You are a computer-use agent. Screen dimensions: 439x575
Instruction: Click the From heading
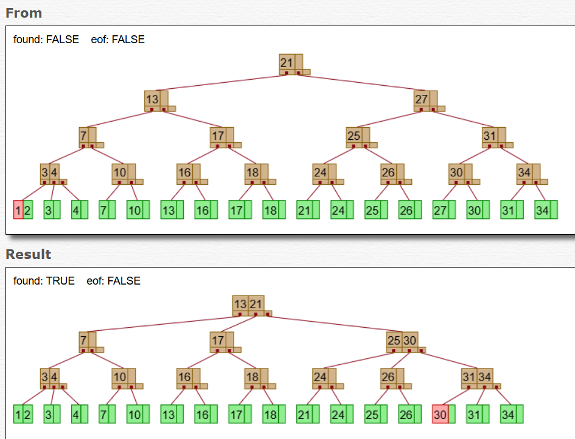pyautogui.click(x=24, y=13)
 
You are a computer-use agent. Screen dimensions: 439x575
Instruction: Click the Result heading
pyautogui.click(x=29, y=254)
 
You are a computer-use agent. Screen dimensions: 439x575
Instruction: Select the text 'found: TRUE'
pyautogui.click(x=44, y=281)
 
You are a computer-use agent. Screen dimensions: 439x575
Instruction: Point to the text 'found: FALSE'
pyautogui.click(x=46, y=40)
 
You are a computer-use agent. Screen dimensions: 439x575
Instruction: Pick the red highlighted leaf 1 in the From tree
pyautogui.click(x=18, y=210)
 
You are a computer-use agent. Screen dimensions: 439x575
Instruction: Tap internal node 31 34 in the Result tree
pyautogui.click(x=477, y=378)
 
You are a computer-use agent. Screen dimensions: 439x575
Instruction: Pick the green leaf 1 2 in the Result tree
pyautogui.click(x=23, y=414)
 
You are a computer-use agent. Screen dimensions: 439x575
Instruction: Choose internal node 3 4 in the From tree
pyautogui.click(x=50, y=173)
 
